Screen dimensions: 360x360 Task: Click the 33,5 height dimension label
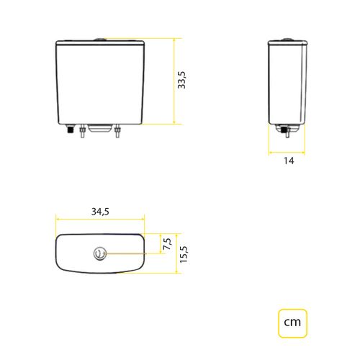click(181, 80)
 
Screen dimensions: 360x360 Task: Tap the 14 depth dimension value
click(289, 161)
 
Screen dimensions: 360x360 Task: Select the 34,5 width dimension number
click(100, 212)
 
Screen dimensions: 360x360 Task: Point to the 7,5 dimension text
click(167, 244)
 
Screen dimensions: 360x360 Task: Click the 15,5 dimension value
click(184, 254)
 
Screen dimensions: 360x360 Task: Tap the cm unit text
click(292, 322)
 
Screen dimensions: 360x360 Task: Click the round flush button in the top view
click(100, 253)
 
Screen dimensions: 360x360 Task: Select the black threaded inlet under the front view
click(71, 129)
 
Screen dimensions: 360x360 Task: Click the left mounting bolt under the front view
click(82, 131)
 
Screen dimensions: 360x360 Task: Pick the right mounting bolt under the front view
click(117, 131)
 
